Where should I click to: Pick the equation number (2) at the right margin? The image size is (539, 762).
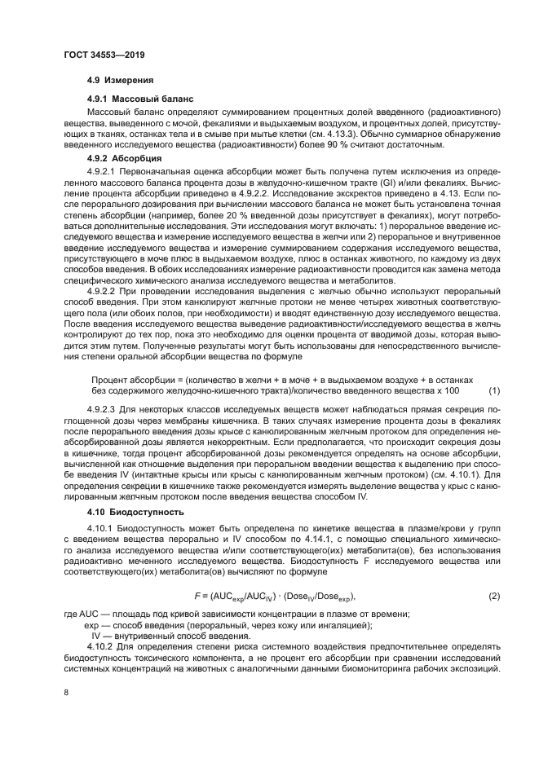coord(493,596)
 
